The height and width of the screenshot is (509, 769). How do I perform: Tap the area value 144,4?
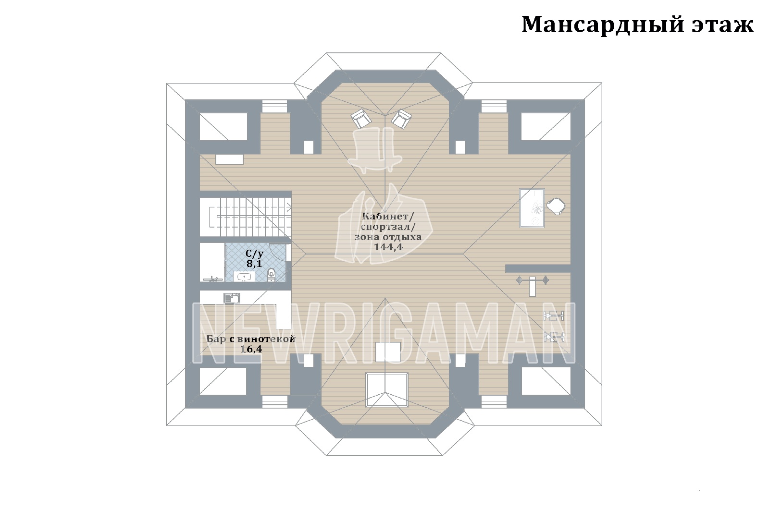(x=388, y=247)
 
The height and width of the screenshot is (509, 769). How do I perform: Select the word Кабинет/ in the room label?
(x=388, y=217)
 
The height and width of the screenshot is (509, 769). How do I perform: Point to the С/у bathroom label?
(x=254, y=254)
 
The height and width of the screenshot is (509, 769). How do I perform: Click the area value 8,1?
(x=254, y=264)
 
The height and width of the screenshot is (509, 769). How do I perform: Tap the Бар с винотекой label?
(x=251, y=339)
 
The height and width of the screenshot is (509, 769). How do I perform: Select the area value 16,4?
(x=251, y=349)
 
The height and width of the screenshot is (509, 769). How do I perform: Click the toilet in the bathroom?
(x=271, y=275)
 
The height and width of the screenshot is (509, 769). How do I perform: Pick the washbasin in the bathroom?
(x=244, y=277)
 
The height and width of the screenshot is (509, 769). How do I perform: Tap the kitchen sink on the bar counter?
(x=232, y=298)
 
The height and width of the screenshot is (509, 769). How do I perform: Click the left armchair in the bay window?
(x=361, y=118)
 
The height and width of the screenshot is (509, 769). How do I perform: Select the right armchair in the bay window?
(x=401, y=119)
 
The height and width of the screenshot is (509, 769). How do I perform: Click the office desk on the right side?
(x=532, y=208)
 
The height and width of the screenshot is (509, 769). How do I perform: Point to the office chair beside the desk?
(x=556, y=206)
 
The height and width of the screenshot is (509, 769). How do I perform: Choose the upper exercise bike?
(x=554, y=315)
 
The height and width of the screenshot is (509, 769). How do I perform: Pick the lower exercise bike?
(x=554, y=338)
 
